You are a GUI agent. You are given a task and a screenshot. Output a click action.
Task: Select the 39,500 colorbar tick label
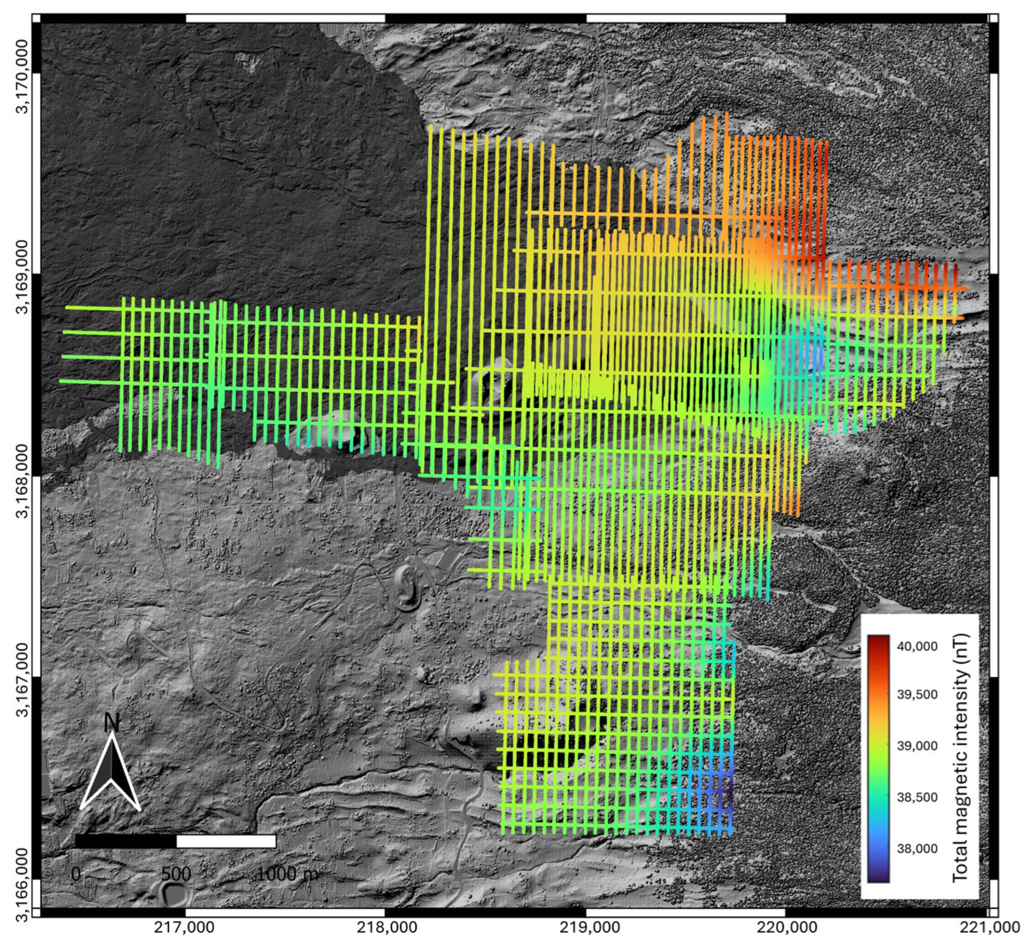tap(917, 695)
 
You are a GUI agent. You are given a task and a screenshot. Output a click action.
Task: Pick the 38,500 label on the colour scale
tap(917, 797)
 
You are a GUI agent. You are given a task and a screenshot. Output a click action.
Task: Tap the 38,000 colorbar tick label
tap(917, 848)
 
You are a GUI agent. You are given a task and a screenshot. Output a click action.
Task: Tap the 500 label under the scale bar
tap(176, 874)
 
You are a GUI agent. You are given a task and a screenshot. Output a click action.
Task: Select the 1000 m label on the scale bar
tap(286, 874)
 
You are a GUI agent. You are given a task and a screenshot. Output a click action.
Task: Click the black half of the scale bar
tap(126, 841)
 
